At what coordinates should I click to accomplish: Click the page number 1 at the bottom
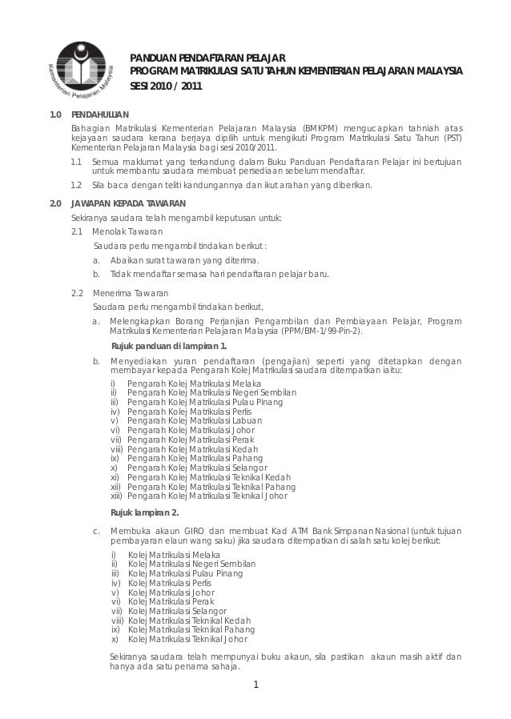[255, 684]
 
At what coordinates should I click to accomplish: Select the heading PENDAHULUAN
[99, 115]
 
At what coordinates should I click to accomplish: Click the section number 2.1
[78, 231]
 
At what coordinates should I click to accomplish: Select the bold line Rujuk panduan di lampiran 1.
[167, 346]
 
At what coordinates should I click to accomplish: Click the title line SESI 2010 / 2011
[167, 87]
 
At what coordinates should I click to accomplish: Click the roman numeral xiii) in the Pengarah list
[117, 496]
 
